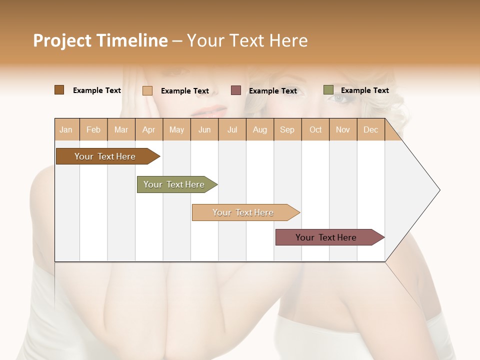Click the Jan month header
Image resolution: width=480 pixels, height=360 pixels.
pyautogui.click(x=66, y=130)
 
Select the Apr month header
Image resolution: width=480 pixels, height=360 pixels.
pyautogui.click(x=149, y=130)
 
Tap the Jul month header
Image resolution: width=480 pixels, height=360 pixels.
pyautogui.click(x=232, y=130)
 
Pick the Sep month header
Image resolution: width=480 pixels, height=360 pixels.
pyautogui.click(x=287, y=130)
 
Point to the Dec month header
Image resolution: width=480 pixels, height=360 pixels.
pyautogui.click(x=370, y=130)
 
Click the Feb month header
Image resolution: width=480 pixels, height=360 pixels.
pyautogui.click(x=93, y=130)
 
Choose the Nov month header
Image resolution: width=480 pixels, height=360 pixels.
pyautogui.click(x=343, y=130)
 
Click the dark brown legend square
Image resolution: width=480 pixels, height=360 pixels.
pyautogui.click(x=59, y=90)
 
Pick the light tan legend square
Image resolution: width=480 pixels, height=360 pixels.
pyautogui.click(x=147, y=90)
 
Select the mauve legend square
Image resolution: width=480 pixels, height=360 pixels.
pyautogui.click(x=236, y=90)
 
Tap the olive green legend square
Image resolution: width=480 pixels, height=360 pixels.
pyautogui.click(x=328, y=90)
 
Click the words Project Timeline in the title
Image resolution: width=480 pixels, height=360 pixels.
pyautogui.click(x=100, y=40)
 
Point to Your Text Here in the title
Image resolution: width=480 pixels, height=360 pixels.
pyautogui.click(x=247, y=40)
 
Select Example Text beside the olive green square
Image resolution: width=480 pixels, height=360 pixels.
pyautogui.click(x=364, y=90)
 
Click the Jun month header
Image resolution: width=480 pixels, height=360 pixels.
pyautogui.click(x=204, y=130)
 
